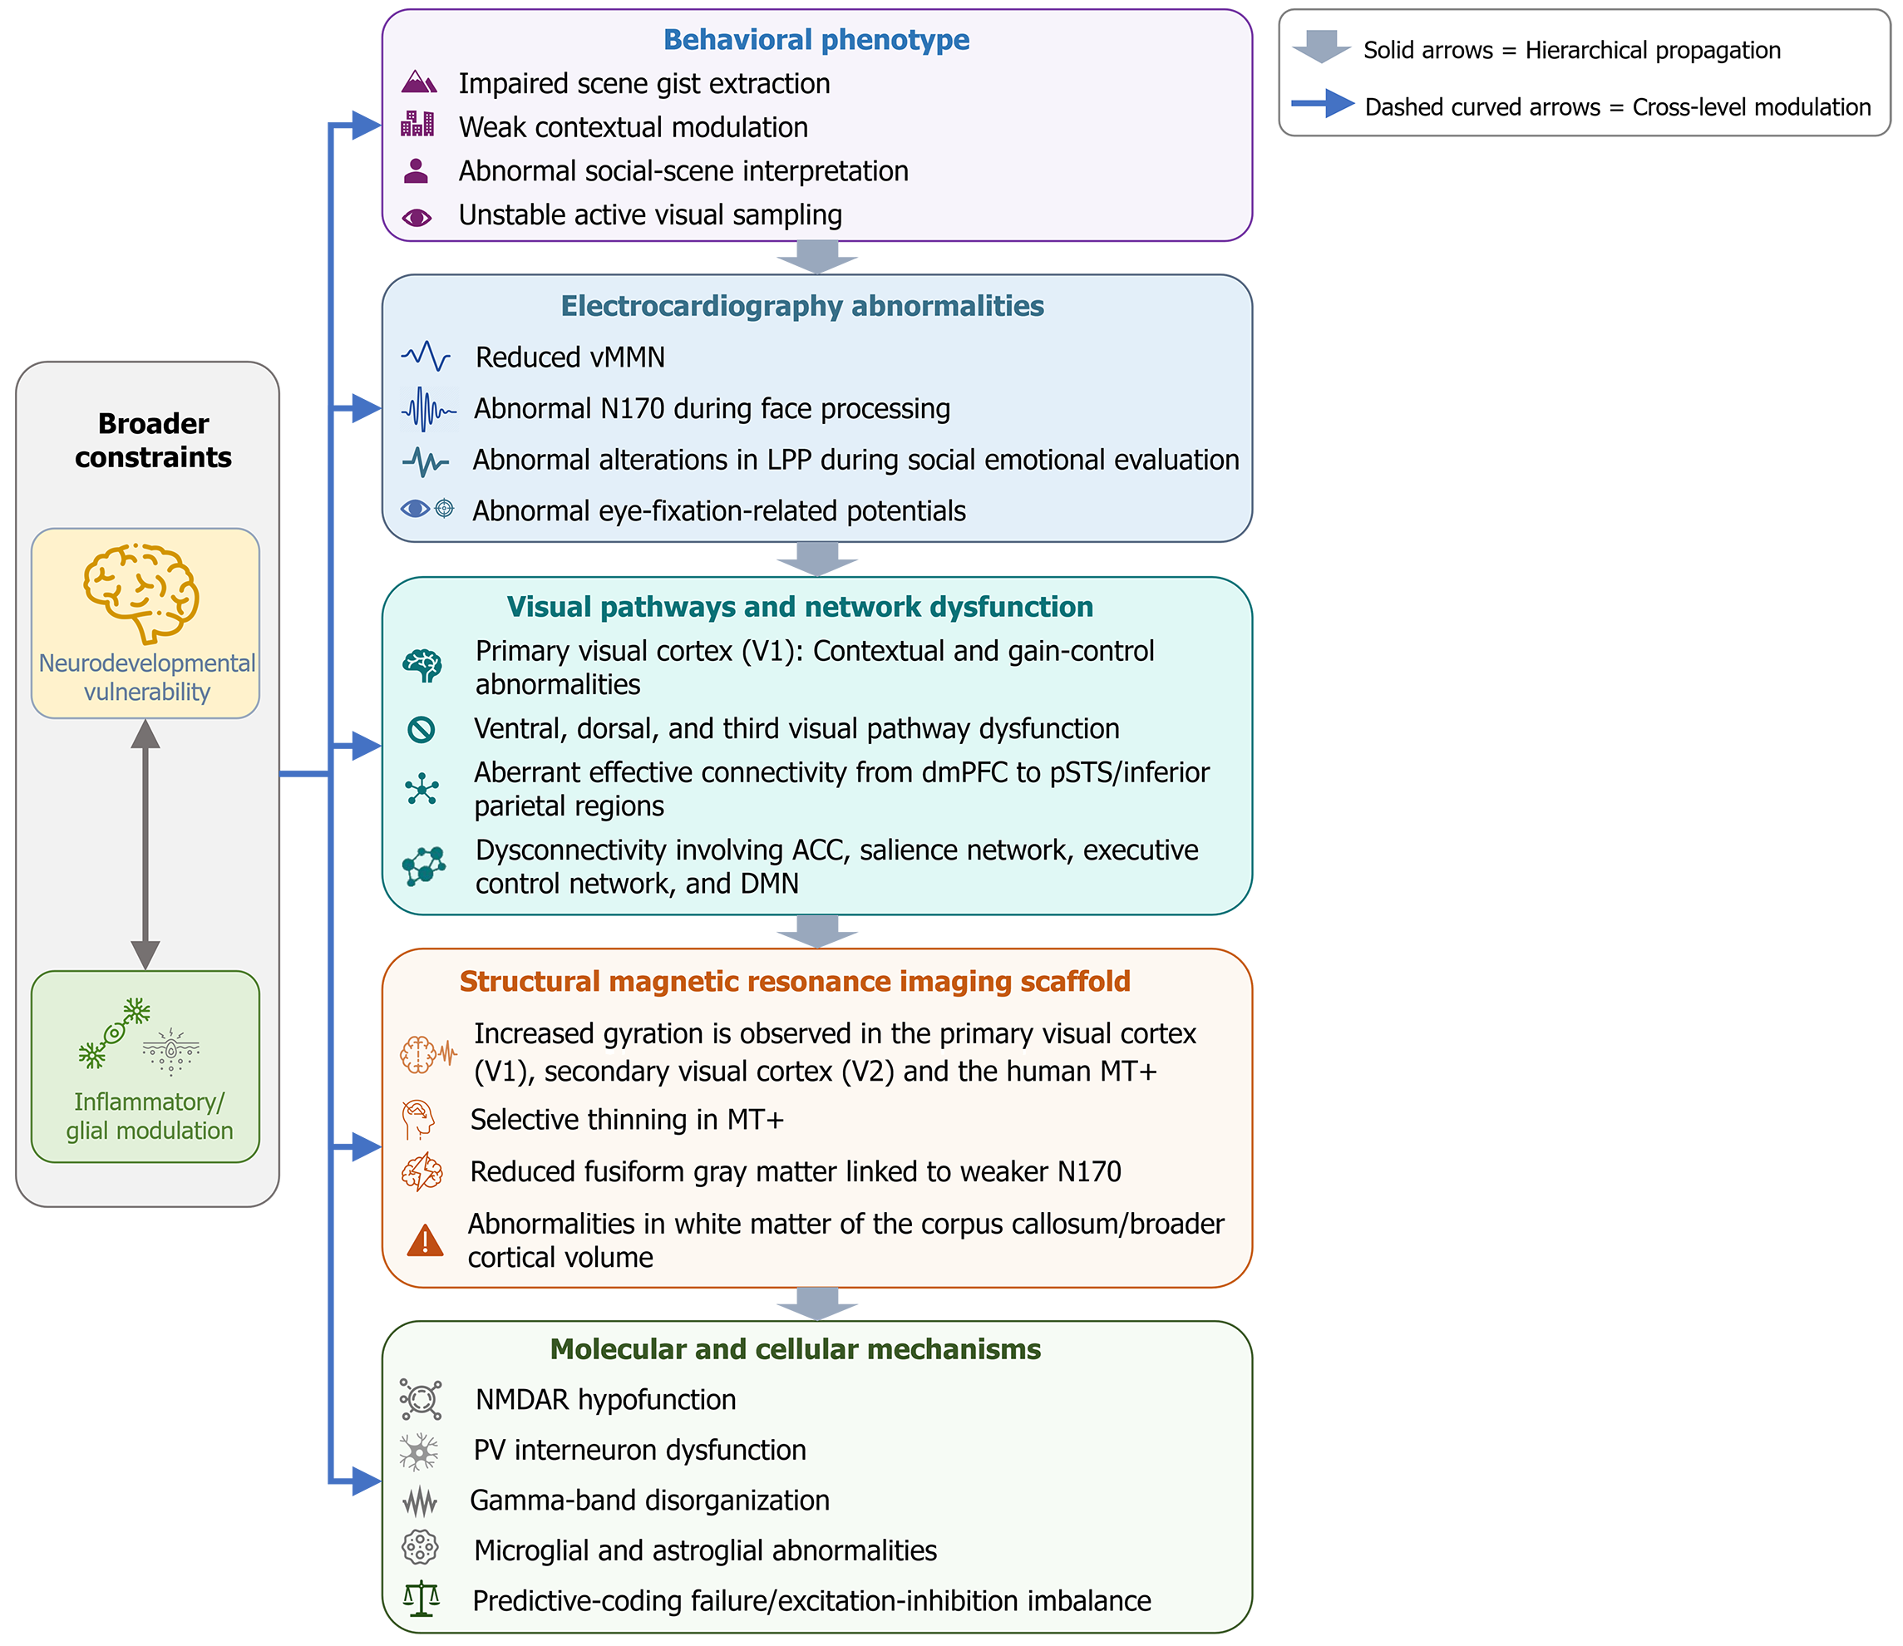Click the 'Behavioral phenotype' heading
click(x=816, y=40)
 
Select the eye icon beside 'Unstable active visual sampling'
click(x=417, y=218)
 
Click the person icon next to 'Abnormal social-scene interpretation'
click(x=416, y=171)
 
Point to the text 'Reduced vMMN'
click(x=569, y=357)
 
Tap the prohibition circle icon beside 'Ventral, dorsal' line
click(x=421, y=729)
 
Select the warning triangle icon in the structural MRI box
click(x=425, y=1240)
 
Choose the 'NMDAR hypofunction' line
click(x=605, y=1399)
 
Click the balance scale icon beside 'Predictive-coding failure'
click(x=422, y=1599)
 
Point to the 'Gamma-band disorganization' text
click(x=649, y=1500)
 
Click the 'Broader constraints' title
click(x=153, y=440)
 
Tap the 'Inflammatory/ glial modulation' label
click(x=149, y=1116)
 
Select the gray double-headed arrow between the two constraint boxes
click(x=145, y=844)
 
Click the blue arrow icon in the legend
click(x=1323, y=104)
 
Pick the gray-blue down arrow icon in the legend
click(x=1321, y=47)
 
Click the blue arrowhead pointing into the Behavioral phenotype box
click(x=367, y=125)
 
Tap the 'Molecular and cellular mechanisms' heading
click(x=796, y=1348)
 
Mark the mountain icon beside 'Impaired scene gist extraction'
click(x=419, y=82)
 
